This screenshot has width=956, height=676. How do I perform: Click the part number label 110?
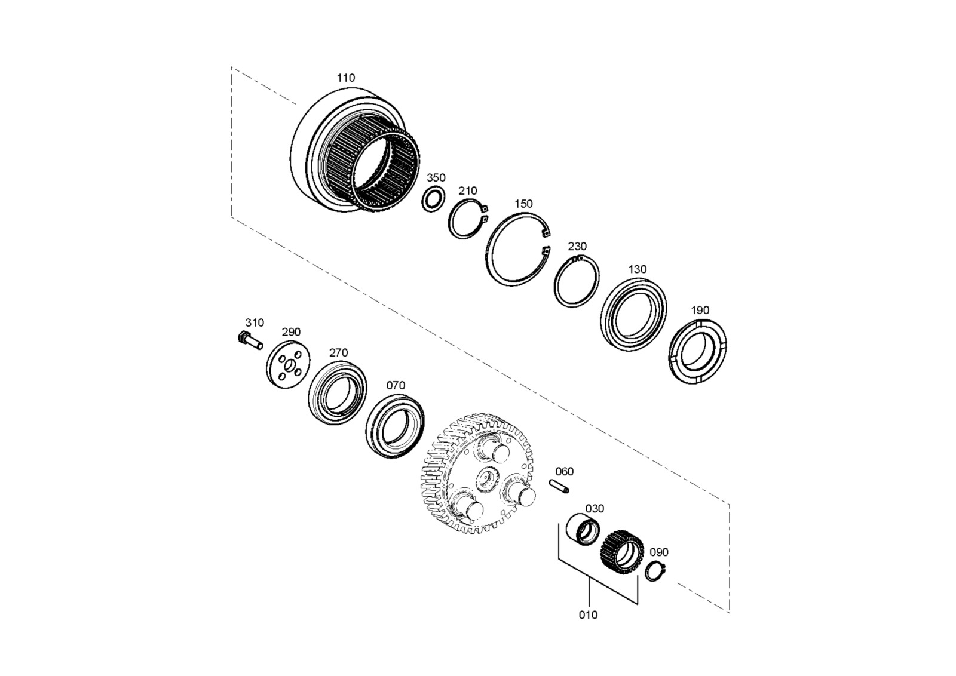346,78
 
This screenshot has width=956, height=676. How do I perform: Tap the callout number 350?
436,177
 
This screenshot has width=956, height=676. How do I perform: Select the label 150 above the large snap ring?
523,204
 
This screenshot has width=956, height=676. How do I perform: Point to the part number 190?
700,310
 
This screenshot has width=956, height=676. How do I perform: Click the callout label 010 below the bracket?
588,614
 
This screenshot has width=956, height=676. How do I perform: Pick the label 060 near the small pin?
564,471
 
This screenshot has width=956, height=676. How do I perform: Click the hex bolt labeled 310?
250,340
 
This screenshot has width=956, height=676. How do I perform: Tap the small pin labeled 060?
559,487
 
